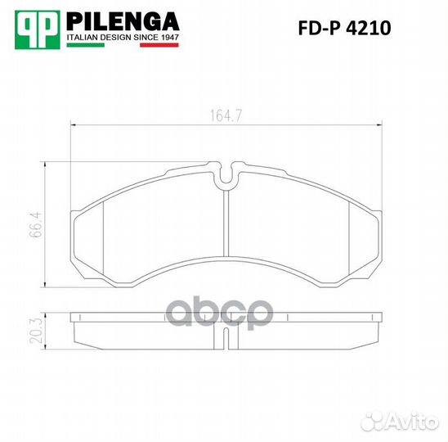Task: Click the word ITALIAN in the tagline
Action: pos(83,38)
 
